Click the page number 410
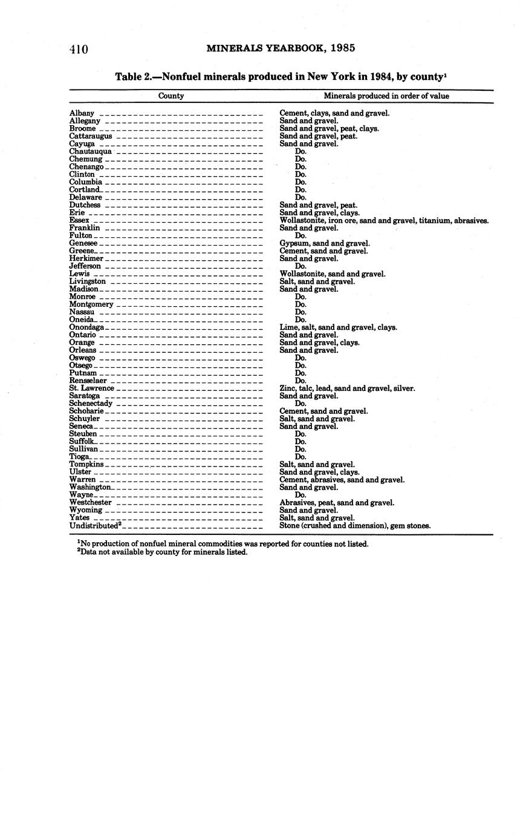point(79,49)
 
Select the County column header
point(171,96)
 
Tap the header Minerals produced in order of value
point(386,96)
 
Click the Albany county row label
point(82,113)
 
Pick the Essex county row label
point(79,220)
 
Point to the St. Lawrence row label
point(91,388)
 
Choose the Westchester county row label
point(91,502)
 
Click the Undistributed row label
point(96,525)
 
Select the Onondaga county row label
point(86,327)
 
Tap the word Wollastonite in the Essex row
point(300,220)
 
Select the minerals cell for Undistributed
point(355,525)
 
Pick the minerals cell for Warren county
point(342,479)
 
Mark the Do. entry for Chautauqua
point(301,151)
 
